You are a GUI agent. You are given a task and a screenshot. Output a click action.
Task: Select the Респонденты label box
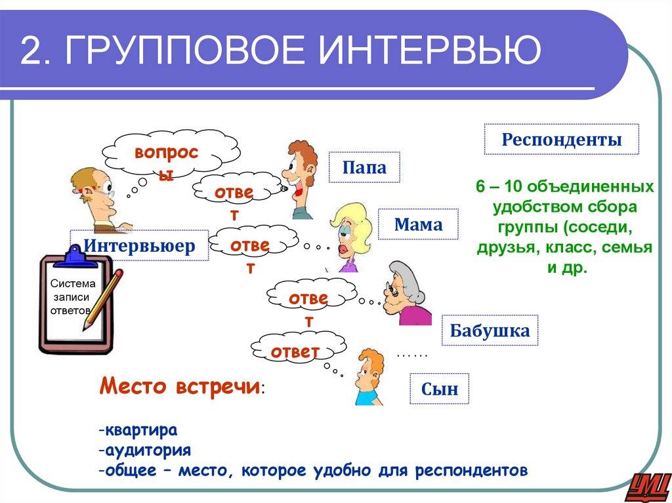click(x=561, y=139)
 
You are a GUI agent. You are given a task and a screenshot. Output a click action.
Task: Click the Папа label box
click(x=364, y=168)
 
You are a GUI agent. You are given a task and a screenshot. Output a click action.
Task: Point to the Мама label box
click(x=418, y=225)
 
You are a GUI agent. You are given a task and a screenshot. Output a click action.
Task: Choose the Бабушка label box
click(x=490, y=331)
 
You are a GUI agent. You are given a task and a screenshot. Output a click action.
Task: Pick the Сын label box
click(x=440, y=391)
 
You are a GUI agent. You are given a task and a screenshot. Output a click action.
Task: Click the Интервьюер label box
click(x=139, y=246)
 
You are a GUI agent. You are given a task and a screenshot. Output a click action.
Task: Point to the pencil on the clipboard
click(x=104, y=299)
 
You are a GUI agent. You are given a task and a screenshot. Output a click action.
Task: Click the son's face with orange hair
click(x=367, y=374)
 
